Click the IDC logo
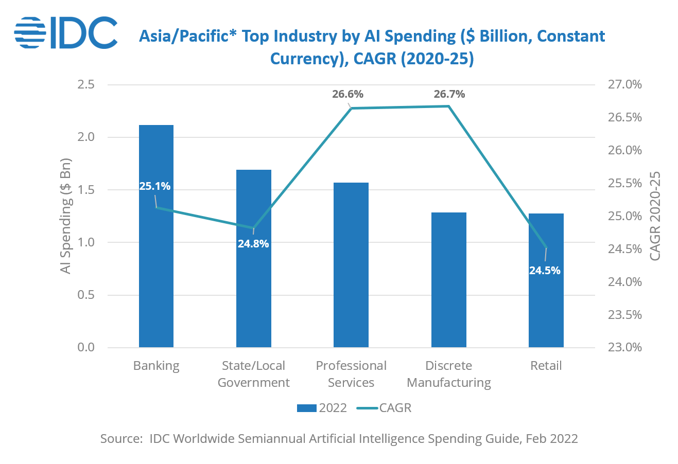pyautogui.click(x=66, y=32)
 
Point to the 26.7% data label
pyautogui.click(x=449, y=94)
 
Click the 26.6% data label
pyautogui.click(x=348, y=94)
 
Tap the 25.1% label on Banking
pyautogui.click(x=154, y=186)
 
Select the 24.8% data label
pyautogui.click(x=253, y=244)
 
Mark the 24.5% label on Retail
pyautogui.click(x=545, y=271)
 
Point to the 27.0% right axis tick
pyautogui.click(x=624, y=84)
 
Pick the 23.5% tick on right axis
pyautogui.click(x=624, y=315)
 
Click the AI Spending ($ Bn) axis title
pyautogui.click(x=65, y=216)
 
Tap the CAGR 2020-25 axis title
pyautogui.click(x=654, y=216)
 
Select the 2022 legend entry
pyautogui.click(x=322, y=408)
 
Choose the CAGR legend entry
pyautogui.click(x=384, y=408)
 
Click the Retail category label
pyautogui.click(x=546, y=366)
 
